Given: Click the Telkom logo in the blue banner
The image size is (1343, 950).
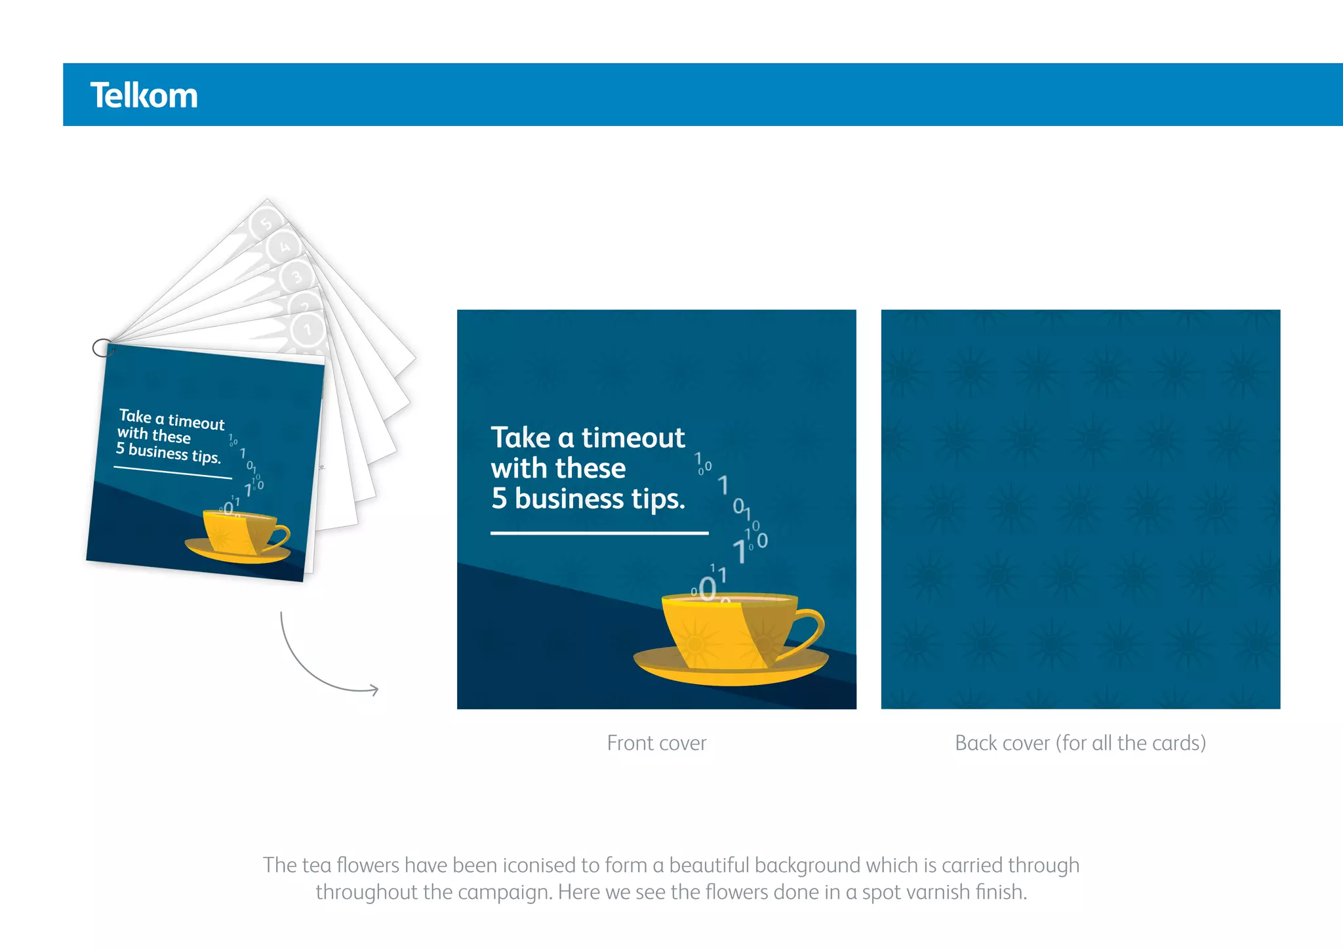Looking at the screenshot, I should tap(144, 96).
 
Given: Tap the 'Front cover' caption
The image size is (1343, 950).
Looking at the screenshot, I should tap(656, 743).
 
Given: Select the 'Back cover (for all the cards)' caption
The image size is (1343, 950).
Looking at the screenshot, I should tap(1080, 743).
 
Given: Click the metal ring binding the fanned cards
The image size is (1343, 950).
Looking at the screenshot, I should tap(102, 348).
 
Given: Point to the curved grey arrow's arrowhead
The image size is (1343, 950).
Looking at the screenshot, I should tap(374, 690).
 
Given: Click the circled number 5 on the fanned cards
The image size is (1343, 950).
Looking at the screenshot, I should tap(266, 223).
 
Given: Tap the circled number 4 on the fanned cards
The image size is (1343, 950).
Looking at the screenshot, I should tap(285, 247).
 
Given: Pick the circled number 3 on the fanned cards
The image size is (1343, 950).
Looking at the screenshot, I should tap(296, 277).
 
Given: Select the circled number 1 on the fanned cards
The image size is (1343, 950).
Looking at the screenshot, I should tap(308, 329).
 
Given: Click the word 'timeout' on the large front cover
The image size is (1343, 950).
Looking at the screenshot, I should tap(633, 438).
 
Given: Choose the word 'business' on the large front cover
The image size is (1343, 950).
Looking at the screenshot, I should tap(569, 499).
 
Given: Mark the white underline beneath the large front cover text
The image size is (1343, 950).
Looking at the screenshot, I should tap(599, 533).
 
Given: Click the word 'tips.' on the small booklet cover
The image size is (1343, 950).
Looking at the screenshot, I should tap(206, 457).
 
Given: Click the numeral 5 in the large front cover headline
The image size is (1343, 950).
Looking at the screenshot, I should tap(499, 499).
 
